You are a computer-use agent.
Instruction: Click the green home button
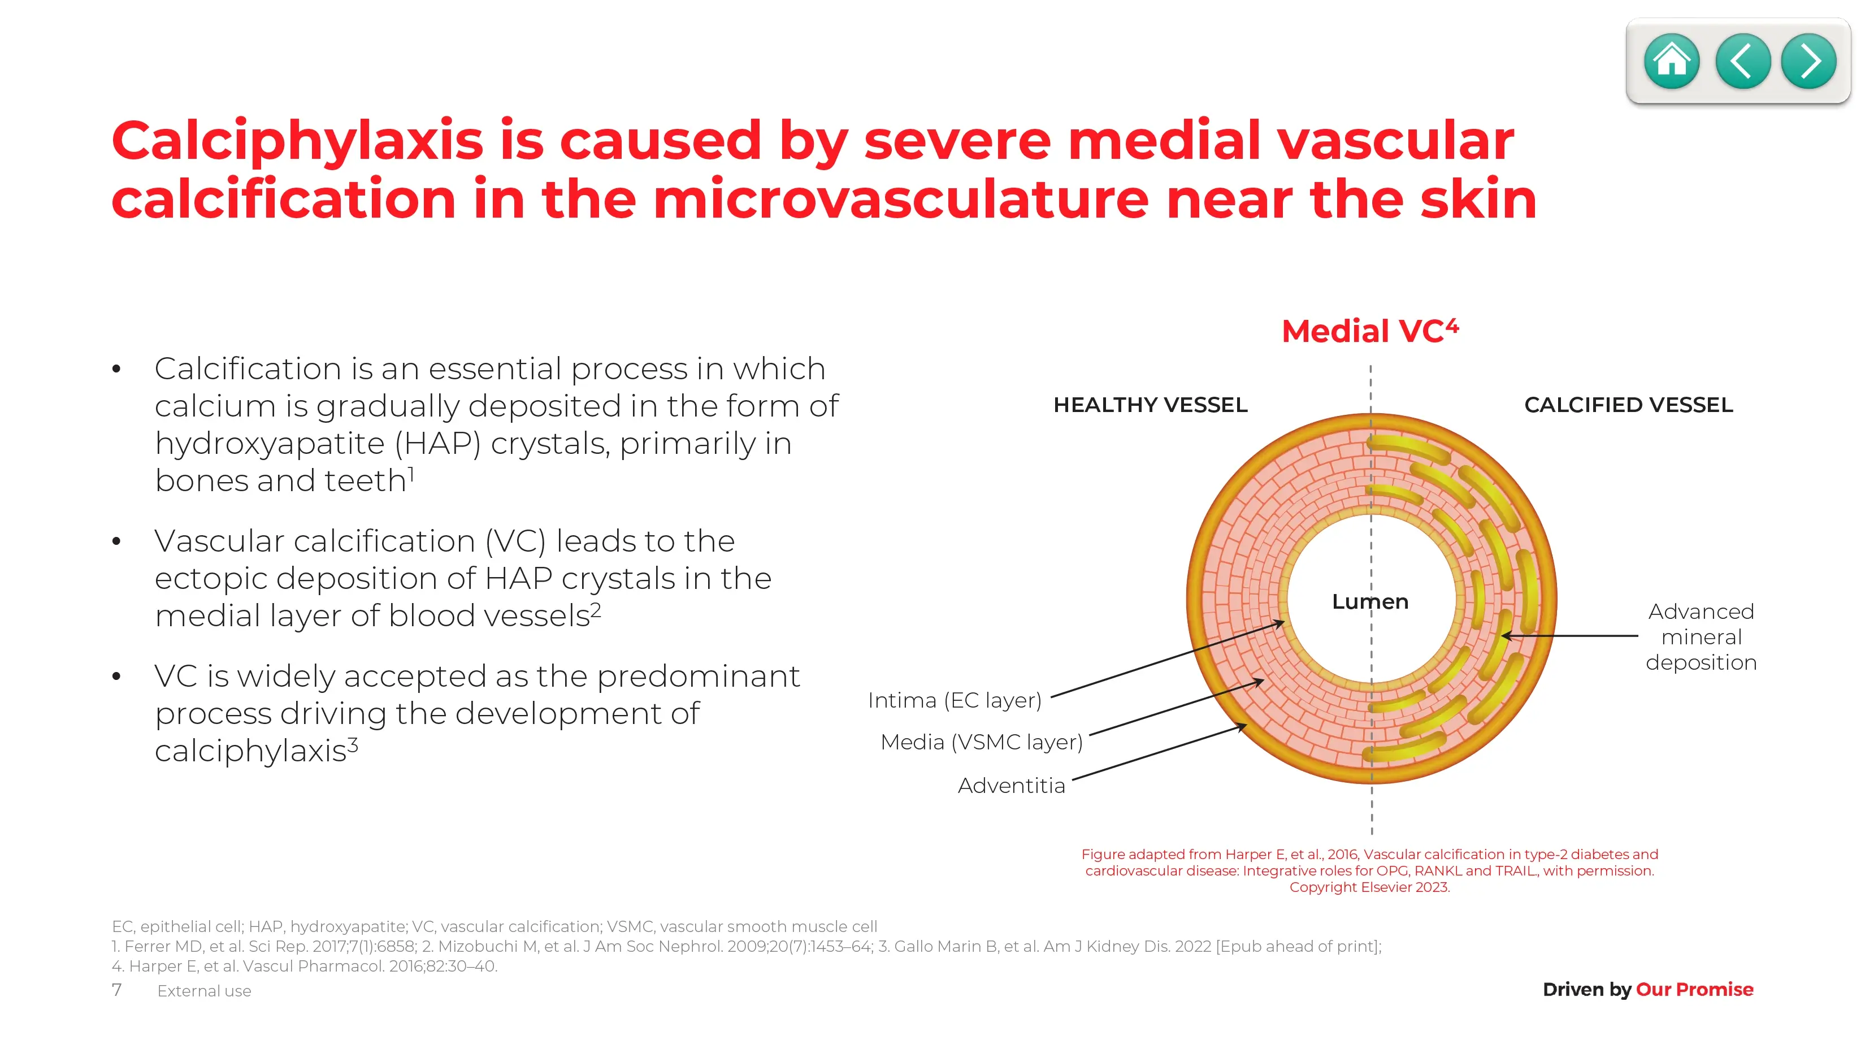click(x=1672, y=62)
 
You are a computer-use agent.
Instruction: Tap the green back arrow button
click(x=1743, y=62)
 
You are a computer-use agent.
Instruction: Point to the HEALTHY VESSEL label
click(x=1151, y=405)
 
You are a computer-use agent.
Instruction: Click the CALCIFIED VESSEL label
click(x=1628, y=405)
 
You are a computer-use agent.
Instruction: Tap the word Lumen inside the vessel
click(x=1370, y=601)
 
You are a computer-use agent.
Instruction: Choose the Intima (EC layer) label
click(x=954, y=701)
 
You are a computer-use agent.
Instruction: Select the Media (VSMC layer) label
click(x=982, y=742)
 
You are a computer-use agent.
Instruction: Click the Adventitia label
click(x=1012, y=786)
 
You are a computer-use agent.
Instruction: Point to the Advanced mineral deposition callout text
click(x=1701, y=636)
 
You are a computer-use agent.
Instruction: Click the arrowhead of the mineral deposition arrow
click(x=1506, y=636)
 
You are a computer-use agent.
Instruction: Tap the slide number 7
click(x=116, y=990)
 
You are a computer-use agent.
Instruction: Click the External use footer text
click(x=204, y=991)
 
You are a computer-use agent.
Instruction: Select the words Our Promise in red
click(x=1694, y=990)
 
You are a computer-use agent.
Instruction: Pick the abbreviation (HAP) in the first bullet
click(x=438, y=444)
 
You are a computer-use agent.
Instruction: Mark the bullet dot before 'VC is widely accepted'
click(x=116, y=677)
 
